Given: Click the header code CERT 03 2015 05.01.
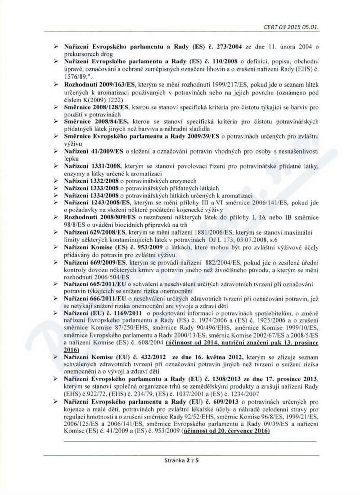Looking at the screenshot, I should (293, 28).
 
